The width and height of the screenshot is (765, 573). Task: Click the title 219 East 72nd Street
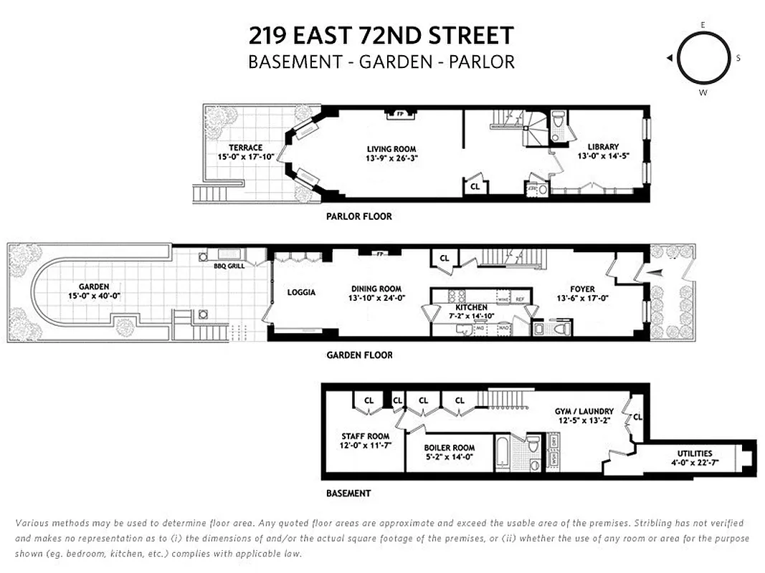click(x=381, y=34)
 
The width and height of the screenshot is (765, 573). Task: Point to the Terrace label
click(x=245, y=148)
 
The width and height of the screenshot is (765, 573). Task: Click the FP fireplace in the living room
click(x=396, y=113)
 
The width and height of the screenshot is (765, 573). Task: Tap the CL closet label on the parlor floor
click(x=475, y=187)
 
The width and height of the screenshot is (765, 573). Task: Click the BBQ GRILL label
click(x=229, y=266)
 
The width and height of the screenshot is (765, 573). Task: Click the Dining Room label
click(x=376, y=289)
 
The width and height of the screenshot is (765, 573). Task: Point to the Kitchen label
click(x=471, y=307)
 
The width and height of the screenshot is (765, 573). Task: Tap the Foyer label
click(x=584, y=289)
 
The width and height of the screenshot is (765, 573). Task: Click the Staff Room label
click(x=364, y=436)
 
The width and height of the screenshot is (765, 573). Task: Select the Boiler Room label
click(x=448, y=448)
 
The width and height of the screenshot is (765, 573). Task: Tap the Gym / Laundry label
click(x=584, y=411)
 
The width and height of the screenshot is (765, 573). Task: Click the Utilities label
click(x=695, y=453)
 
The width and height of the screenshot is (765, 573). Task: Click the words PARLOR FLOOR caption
click(x=358, y=216)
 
